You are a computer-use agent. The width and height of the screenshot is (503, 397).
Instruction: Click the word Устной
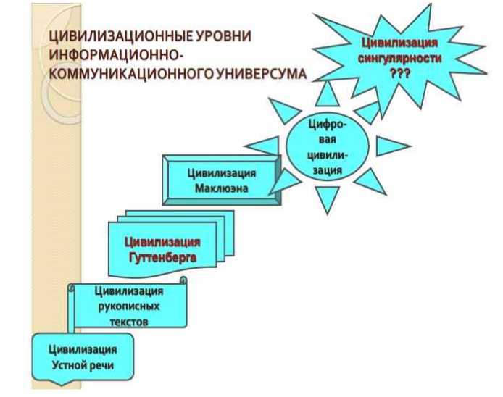(x=69, y=365)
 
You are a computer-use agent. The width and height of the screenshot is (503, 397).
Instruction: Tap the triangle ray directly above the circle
(x=328, y=92)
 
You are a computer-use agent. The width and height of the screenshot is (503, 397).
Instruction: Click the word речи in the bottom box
(x=102, y=365)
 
